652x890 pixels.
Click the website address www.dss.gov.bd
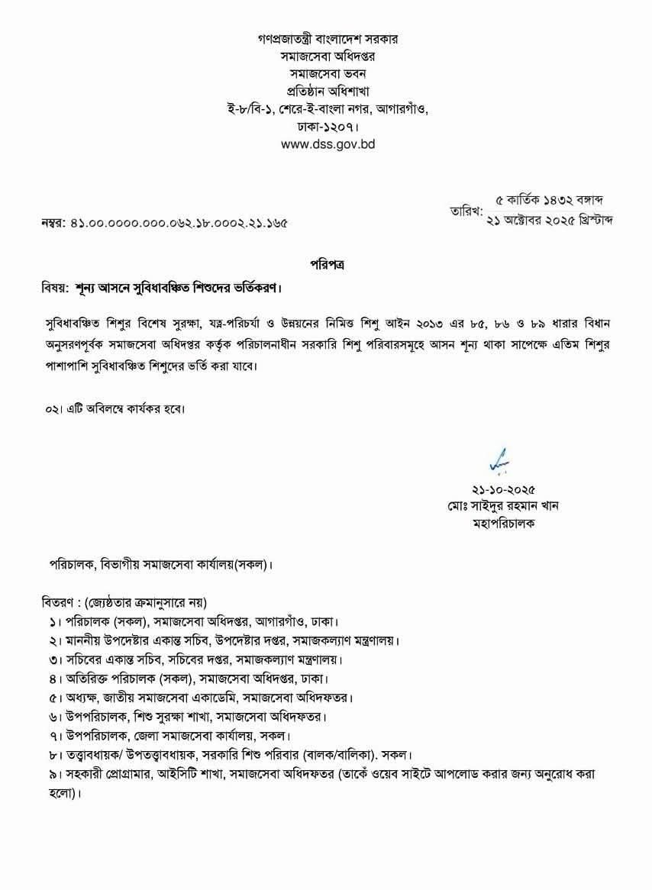328,143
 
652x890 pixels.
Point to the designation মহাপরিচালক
504,524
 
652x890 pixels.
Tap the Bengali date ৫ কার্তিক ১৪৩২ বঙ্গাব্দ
550,200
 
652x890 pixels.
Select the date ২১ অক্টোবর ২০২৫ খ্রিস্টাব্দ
550,220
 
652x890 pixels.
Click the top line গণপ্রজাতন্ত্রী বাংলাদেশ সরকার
328,37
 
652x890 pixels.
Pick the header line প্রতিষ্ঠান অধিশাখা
328,90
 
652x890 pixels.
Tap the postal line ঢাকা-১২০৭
328,125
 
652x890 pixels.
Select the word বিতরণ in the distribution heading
57,602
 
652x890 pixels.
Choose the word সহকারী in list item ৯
88,774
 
